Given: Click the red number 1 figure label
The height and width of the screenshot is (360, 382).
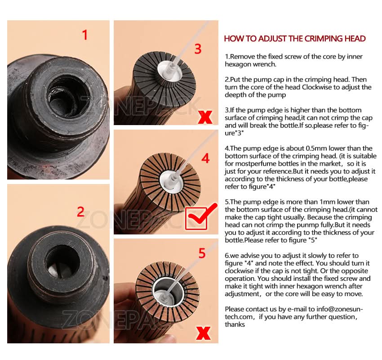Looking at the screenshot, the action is (x=85, y=35).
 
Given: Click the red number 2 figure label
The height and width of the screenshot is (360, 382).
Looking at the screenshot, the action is (x=80, y=211).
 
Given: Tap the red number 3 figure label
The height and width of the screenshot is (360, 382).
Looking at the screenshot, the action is (x=198, y=49).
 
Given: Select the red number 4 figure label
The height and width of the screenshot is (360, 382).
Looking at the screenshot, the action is (x=206, y=158).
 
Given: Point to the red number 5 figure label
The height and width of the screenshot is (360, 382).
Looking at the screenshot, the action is (x=202, y=253).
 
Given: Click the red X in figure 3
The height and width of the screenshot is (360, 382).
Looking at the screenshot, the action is (x=205, y=117).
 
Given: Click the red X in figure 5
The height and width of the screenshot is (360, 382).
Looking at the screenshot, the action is (x=203, y=333).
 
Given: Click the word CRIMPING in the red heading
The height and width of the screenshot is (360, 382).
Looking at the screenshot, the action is (x=324, y=39).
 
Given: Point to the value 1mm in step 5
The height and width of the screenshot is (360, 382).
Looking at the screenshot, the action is (x=328, y=202).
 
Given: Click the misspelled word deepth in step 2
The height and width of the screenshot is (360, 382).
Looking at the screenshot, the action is (x=235, y=95).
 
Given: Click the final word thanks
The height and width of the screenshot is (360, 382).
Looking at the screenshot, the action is (x=235, y=324).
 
